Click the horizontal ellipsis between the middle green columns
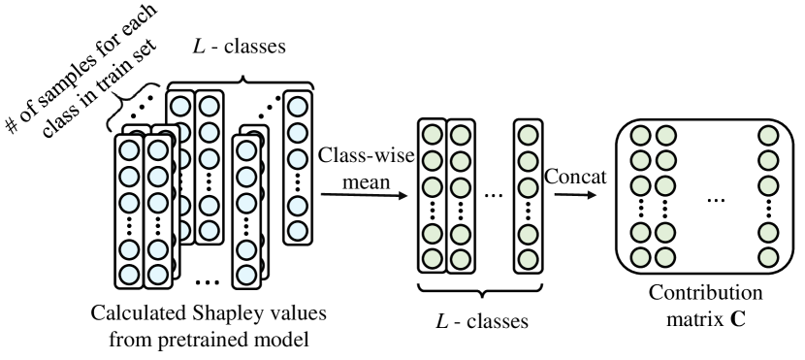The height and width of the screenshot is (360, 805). pos(492,195)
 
